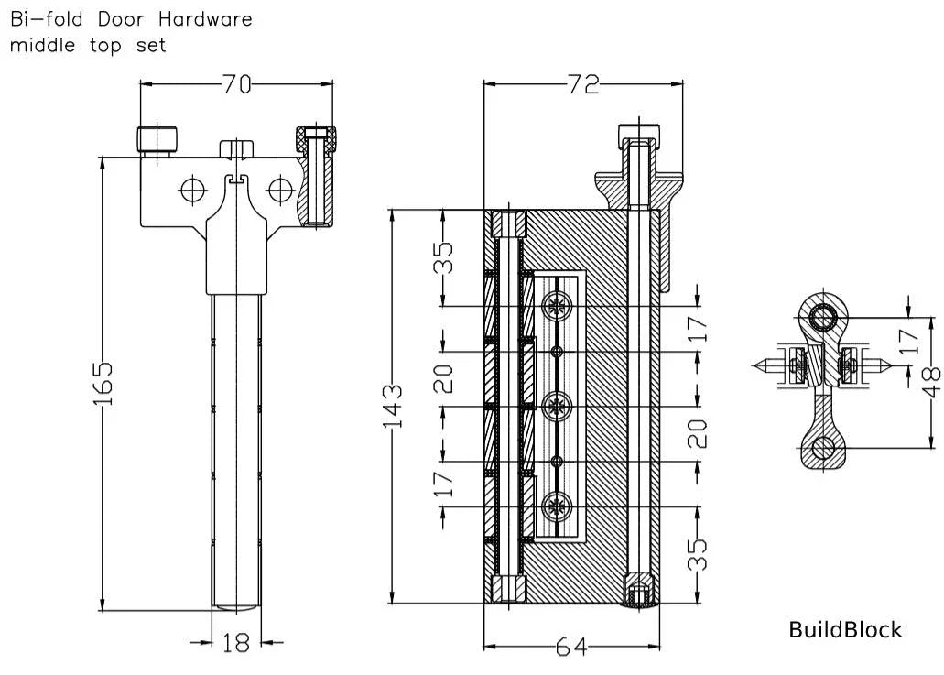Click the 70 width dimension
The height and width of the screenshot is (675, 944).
(x=236, y=84)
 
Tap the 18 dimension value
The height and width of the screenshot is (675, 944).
(x=236, y=643)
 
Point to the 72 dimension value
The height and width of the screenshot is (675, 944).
(x=582, y=84)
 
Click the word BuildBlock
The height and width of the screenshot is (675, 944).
(x=845, y=630)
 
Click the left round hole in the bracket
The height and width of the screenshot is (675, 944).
(x=193, y=190)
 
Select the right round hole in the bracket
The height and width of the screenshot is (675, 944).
(x=279, y=190)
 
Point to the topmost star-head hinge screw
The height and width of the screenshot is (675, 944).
(x=556, y=305)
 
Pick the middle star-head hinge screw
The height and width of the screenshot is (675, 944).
(x=556, y=406)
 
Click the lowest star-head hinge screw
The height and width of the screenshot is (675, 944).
(x=556, y=506)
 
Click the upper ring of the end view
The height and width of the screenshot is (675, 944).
(x=822, y=317)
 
